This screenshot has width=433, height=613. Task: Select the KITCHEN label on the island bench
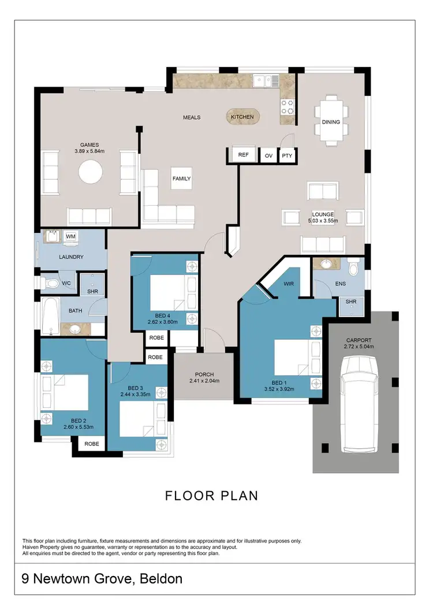(x=242, y=117)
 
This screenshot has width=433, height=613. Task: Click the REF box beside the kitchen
(x=243, y=155)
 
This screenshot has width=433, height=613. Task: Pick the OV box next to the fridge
(x=268, y=155)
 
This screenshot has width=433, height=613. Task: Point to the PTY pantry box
(x=286, y=155)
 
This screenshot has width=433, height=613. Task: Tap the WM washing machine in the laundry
(x=70, y=236)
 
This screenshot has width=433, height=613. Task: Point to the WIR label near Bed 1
(x=289, y=284)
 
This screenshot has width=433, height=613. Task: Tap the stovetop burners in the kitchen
(x=287, y=106)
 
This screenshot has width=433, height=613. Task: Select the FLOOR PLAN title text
(x=211, y=495)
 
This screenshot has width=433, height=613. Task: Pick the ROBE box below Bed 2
(x=91, y=444)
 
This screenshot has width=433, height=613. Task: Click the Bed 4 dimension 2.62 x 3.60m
(x=165, y=322)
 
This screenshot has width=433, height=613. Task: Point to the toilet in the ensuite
(x=354, y=268)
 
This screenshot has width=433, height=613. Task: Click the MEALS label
(x=192, y=117)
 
